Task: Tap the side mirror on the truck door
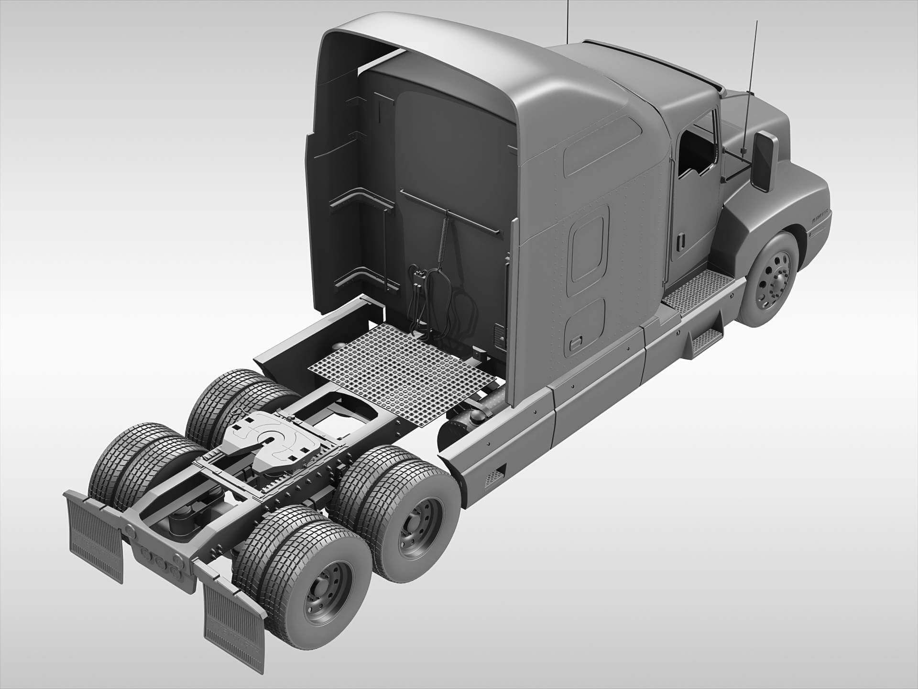click(x=764, y=161)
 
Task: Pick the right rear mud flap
click(x=234, y=627)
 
